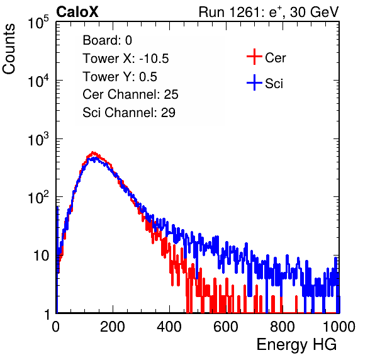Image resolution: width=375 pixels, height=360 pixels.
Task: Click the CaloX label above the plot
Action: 77,12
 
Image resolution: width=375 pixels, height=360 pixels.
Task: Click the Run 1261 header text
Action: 269,12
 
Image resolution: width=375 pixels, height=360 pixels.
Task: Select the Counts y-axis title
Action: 9,49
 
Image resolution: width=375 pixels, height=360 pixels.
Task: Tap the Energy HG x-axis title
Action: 296,345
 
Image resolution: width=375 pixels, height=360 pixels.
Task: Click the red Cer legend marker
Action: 254,57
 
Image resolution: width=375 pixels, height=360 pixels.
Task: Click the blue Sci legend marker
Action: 254,82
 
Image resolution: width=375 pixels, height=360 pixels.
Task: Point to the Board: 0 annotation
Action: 107,40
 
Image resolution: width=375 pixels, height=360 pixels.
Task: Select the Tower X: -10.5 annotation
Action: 126,59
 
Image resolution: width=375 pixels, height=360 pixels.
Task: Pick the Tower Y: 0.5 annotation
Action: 120,77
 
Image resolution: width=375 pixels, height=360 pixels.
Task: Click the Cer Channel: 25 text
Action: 130,94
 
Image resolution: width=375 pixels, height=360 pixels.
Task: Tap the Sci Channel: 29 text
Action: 129,113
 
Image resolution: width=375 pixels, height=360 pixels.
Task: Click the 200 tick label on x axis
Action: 113,327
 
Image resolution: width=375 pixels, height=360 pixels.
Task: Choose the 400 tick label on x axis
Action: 169,327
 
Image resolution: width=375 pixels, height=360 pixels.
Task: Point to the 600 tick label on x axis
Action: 226,327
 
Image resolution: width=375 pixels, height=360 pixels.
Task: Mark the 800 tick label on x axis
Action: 283,327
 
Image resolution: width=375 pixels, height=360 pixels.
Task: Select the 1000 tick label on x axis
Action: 339,327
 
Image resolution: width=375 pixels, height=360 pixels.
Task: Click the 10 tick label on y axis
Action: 41,256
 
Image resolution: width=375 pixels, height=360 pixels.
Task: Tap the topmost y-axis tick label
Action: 38,22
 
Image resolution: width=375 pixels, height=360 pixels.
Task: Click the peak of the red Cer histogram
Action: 93,152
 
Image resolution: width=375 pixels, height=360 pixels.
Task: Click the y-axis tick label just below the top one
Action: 38,81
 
